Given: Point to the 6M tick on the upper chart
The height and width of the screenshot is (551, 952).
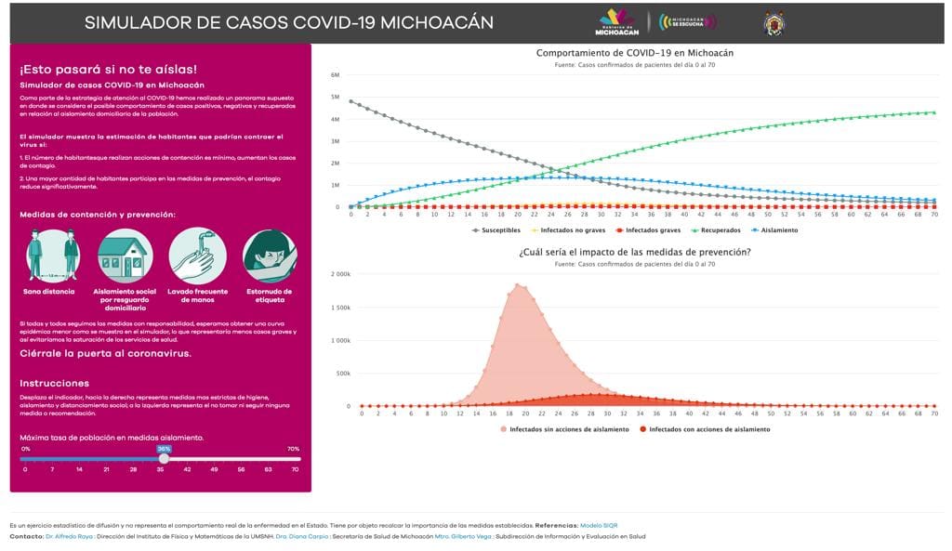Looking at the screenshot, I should (x=335, y=74).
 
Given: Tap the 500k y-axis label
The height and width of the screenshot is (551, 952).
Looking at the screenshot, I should (x=342, y=374).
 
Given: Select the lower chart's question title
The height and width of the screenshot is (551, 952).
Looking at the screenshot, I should (x=634, y=252).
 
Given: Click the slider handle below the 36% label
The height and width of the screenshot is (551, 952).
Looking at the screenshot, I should (x=164, y=458).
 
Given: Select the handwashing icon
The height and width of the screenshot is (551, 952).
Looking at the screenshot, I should (x=196, y=256).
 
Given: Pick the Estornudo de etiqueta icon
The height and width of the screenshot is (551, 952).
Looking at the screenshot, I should (x=269, y=256).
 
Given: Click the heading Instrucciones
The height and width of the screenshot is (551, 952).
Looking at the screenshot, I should (x=55, y=383).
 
